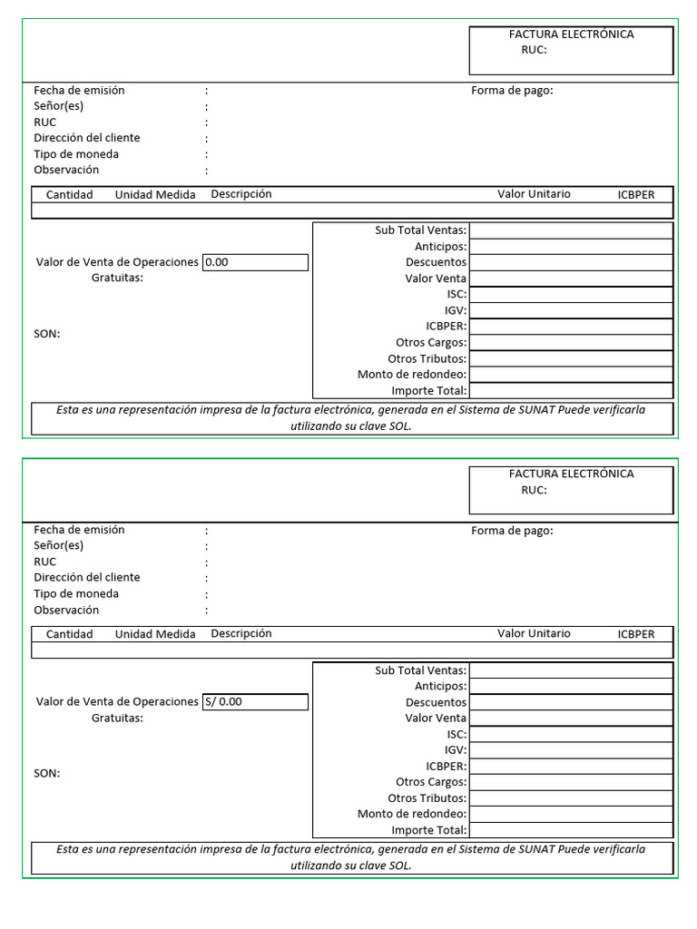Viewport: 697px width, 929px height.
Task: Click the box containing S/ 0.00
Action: tap(255, 701)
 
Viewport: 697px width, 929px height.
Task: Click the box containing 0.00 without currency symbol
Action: tap(255, 262)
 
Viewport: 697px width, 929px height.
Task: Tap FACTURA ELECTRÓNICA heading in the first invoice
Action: tap(571, 34)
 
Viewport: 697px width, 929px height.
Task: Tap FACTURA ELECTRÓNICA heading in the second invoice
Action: tap(571, 474)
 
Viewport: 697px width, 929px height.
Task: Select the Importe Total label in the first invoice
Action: tap(429, 391)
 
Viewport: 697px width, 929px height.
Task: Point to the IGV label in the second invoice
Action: tap(456, 750)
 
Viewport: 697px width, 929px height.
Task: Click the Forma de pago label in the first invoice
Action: tap(512, 90)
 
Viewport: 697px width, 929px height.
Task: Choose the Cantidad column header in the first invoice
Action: tap(69, 195)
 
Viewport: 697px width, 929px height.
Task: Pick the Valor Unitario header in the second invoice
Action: tap(534, 633)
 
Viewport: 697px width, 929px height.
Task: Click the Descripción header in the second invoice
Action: tap(241, 633)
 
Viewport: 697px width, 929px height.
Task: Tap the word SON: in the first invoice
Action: tap(47, 334)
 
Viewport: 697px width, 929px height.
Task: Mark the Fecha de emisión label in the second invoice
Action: tap(79, 530)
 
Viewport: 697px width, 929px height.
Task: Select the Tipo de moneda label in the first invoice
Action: tap(76, 154)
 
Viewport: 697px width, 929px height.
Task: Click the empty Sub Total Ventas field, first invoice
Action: tap(571, 230)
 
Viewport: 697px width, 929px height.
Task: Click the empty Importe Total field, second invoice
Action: tap(571, 830)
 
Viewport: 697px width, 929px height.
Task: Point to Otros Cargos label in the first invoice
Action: tap(431, 343)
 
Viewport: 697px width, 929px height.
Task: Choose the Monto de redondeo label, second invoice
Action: tap(412, 814)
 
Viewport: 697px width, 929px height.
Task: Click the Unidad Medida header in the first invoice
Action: tap(155, 195)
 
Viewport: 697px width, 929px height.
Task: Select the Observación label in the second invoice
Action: tap(66, 610)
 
